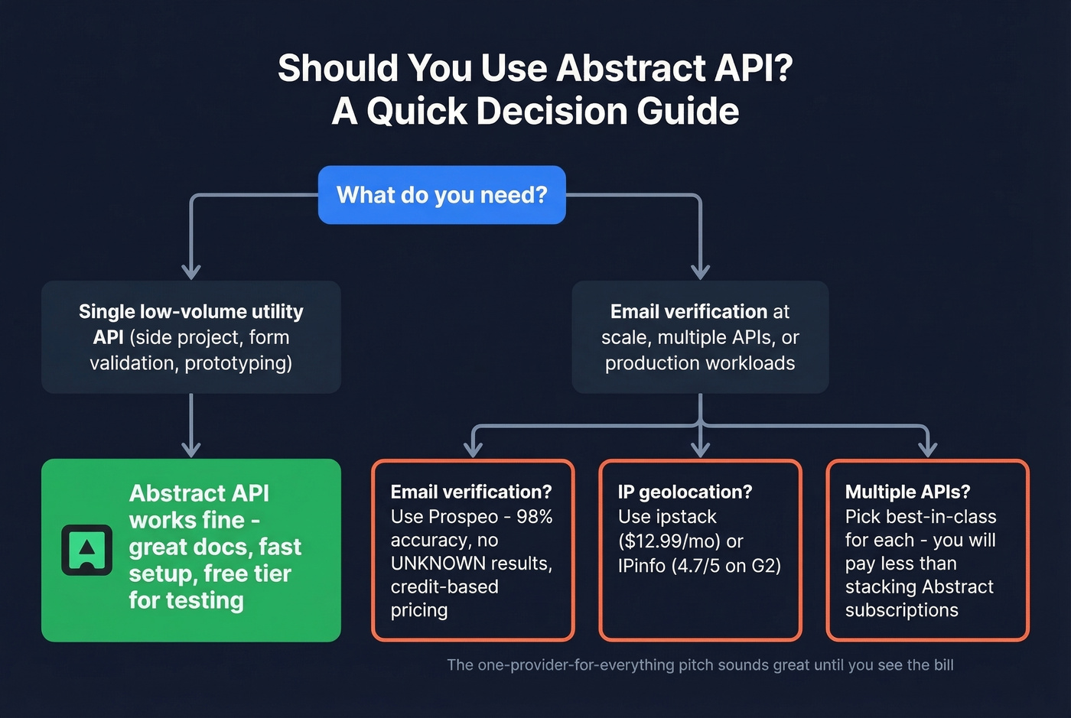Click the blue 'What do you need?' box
(441, 195)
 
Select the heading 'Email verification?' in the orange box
(470, 492)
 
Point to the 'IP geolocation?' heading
(685, 492)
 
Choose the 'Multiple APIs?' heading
(907, 492)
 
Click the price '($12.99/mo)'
(669, 541)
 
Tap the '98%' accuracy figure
(534, 517)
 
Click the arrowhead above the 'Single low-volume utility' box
(191, 271)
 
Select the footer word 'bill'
(943, 665)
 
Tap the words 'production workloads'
(700, 363)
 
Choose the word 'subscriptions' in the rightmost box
(901, 610)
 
